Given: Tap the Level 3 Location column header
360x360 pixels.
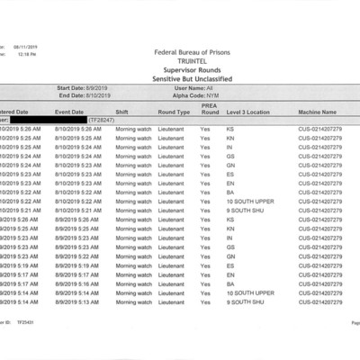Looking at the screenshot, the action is click(x=248, y=112).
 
